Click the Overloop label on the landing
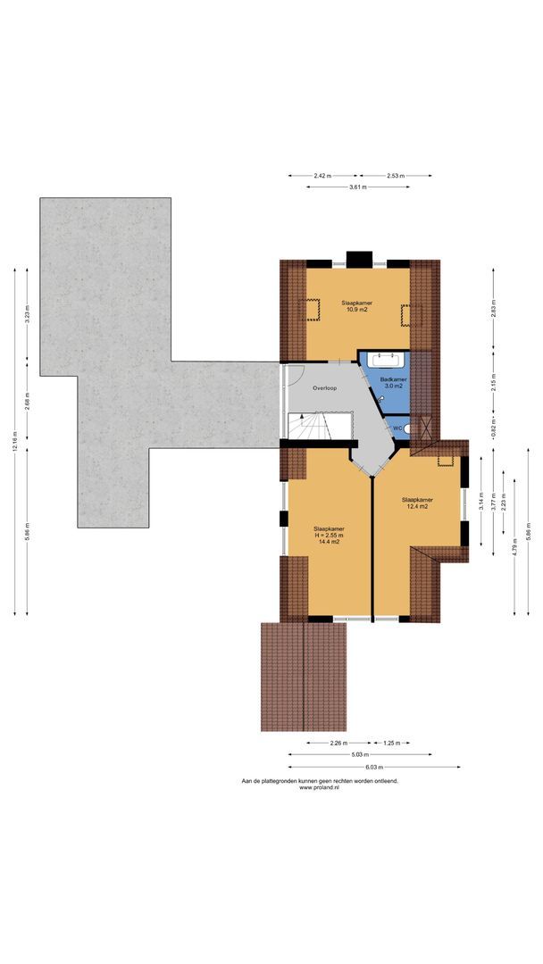(x=324, y=388)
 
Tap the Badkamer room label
(x=393, y=379)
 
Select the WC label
(x=397, y=427)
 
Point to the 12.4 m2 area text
(x=416, y=506)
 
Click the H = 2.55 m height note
(x=328, y=535)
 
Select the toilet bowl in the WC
(x=407, y=428)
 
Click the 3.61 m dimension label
(x=359, y=187)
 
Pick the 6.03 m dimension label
(x=373, y=767)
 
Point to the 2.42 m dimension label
(x=322, y=176)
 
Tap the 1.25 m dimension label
(x=390, y=743)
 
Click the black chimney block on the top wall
(x=359, y=259)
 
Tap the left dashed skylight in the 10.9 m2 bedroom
(x=313, y=310)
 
